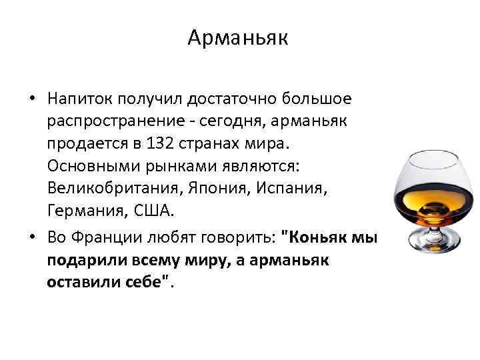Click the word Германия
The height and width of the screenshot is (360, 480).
pos(83,212)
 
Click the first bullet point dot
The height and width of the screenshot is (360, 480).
pos(31,99)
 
